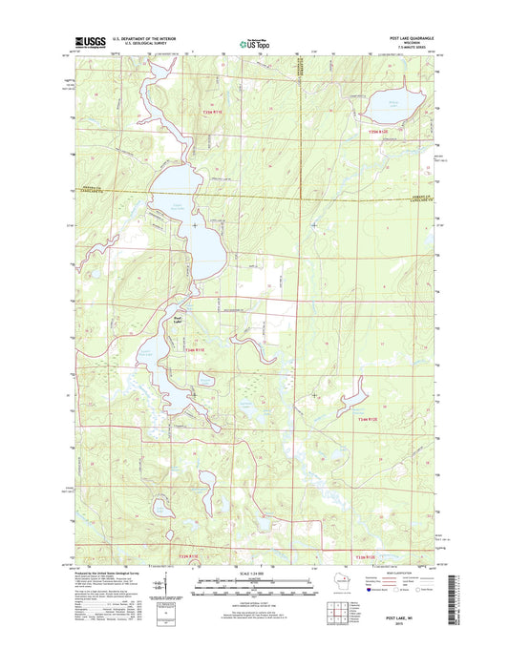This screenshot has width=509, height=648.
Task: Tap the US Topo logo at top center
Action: (254, 42)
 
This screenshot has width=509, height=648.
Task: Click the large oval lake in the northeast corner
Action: (394, 100)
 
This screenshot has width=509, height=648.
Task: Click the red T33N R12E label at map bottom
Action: (367, 554)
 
